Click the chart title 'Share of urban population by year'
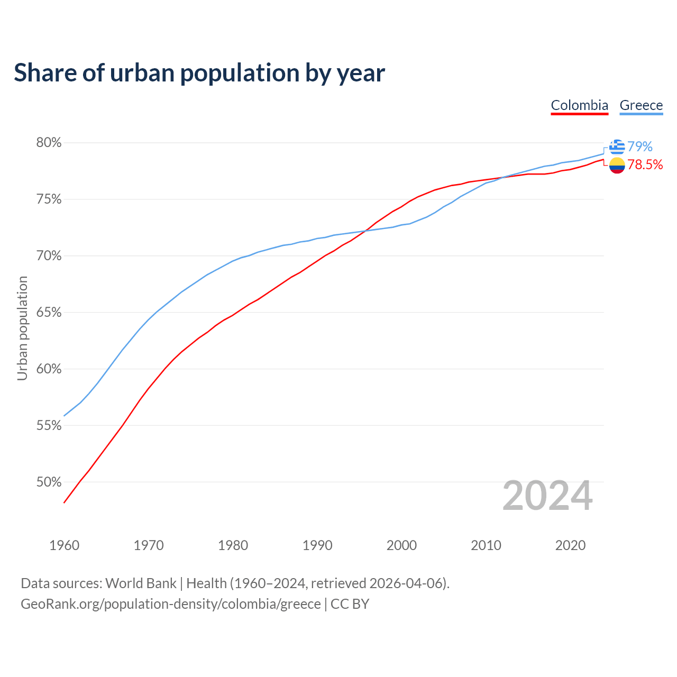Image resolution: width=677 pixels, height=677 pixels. [199, 72]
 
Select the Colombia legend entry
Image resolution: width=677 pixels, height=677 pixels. [579, 105]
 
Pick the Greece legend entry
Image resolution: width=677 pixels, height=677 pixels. [641, 105]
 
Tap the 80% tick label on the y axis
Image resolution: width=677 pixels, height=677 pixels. [49, 143]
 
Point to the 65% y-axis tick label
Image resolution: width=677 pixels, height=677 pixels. [49, 313]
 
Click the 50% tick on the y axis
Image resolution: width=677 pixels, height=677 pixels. [49, 482]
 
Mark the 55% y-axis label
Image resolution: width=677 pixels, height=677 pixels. [49, 426]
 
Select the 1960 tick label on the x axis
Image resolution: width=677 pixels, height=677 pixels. [65, 545]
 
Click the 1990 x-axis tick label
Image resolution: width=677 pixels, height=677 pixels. [317, 545]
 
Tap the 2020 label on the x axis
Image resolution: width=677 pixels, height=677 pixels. [570, 545]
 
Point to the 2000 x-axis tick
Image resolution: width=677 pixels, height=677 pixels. [401, 545]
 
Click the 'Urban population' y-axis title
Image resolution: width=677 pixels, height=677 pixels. [22, 328]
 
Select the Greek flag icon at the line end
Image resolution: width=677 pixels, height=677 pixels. [617, 147]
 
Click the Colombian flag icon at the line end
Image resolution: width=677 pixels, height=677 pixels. [617, 166]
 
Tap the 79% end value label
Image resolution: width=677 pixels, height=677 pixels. [640, 147]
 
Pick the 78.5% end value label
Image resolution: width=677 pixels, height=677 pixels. [645, 165]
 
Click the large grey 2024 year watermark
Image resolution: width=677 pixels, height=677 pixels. [547, 496]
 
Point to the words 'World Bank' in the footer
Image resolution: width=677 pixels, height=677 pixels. [141, 583]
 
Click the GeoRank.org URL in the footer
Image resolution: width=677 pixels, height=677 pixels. [171, 604]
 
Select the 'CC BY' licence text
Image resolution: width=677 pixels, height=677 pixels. [350, 604]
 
